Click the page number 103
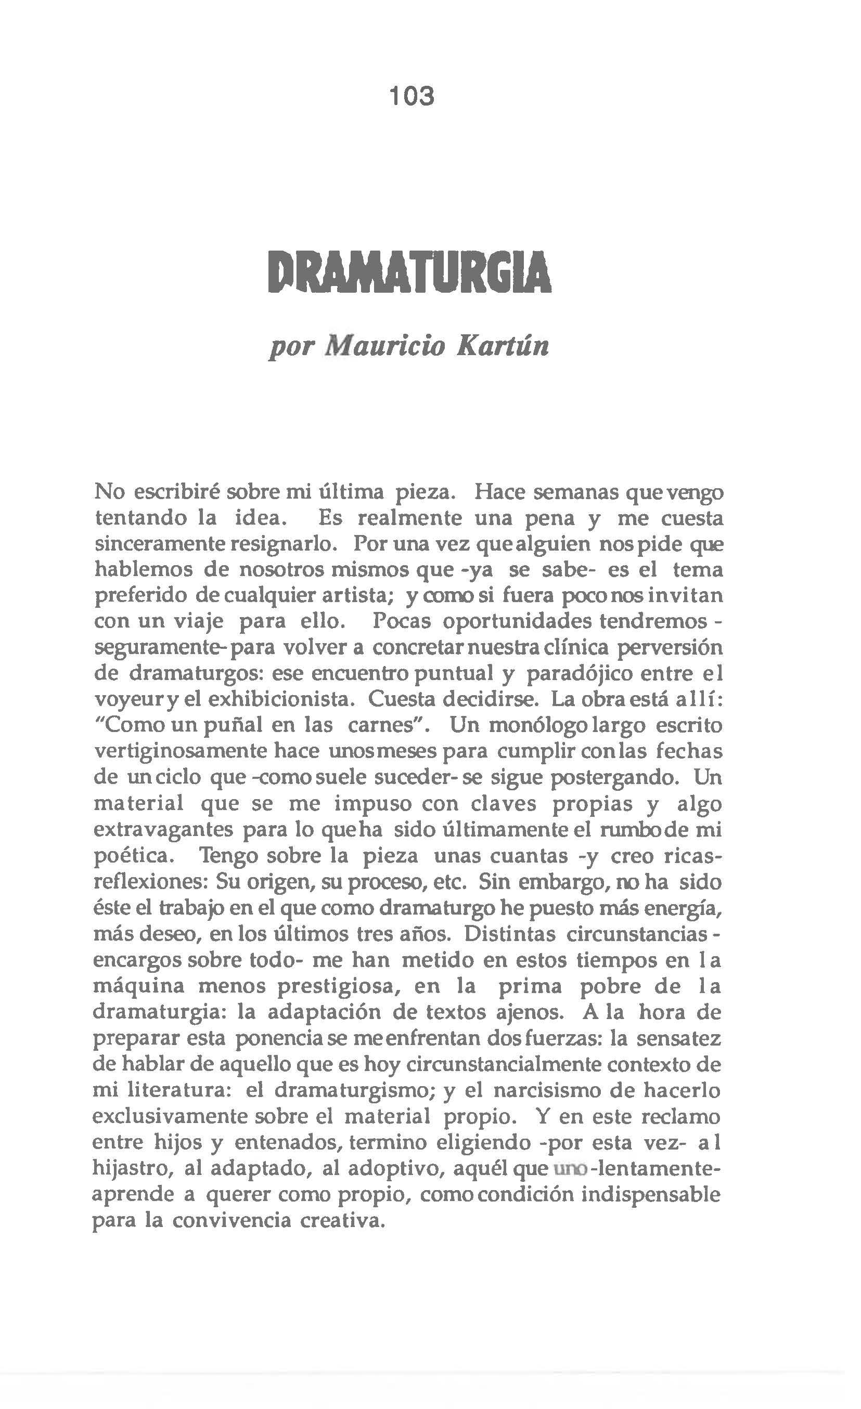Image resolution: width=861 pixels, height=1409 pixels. point(412,96)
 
